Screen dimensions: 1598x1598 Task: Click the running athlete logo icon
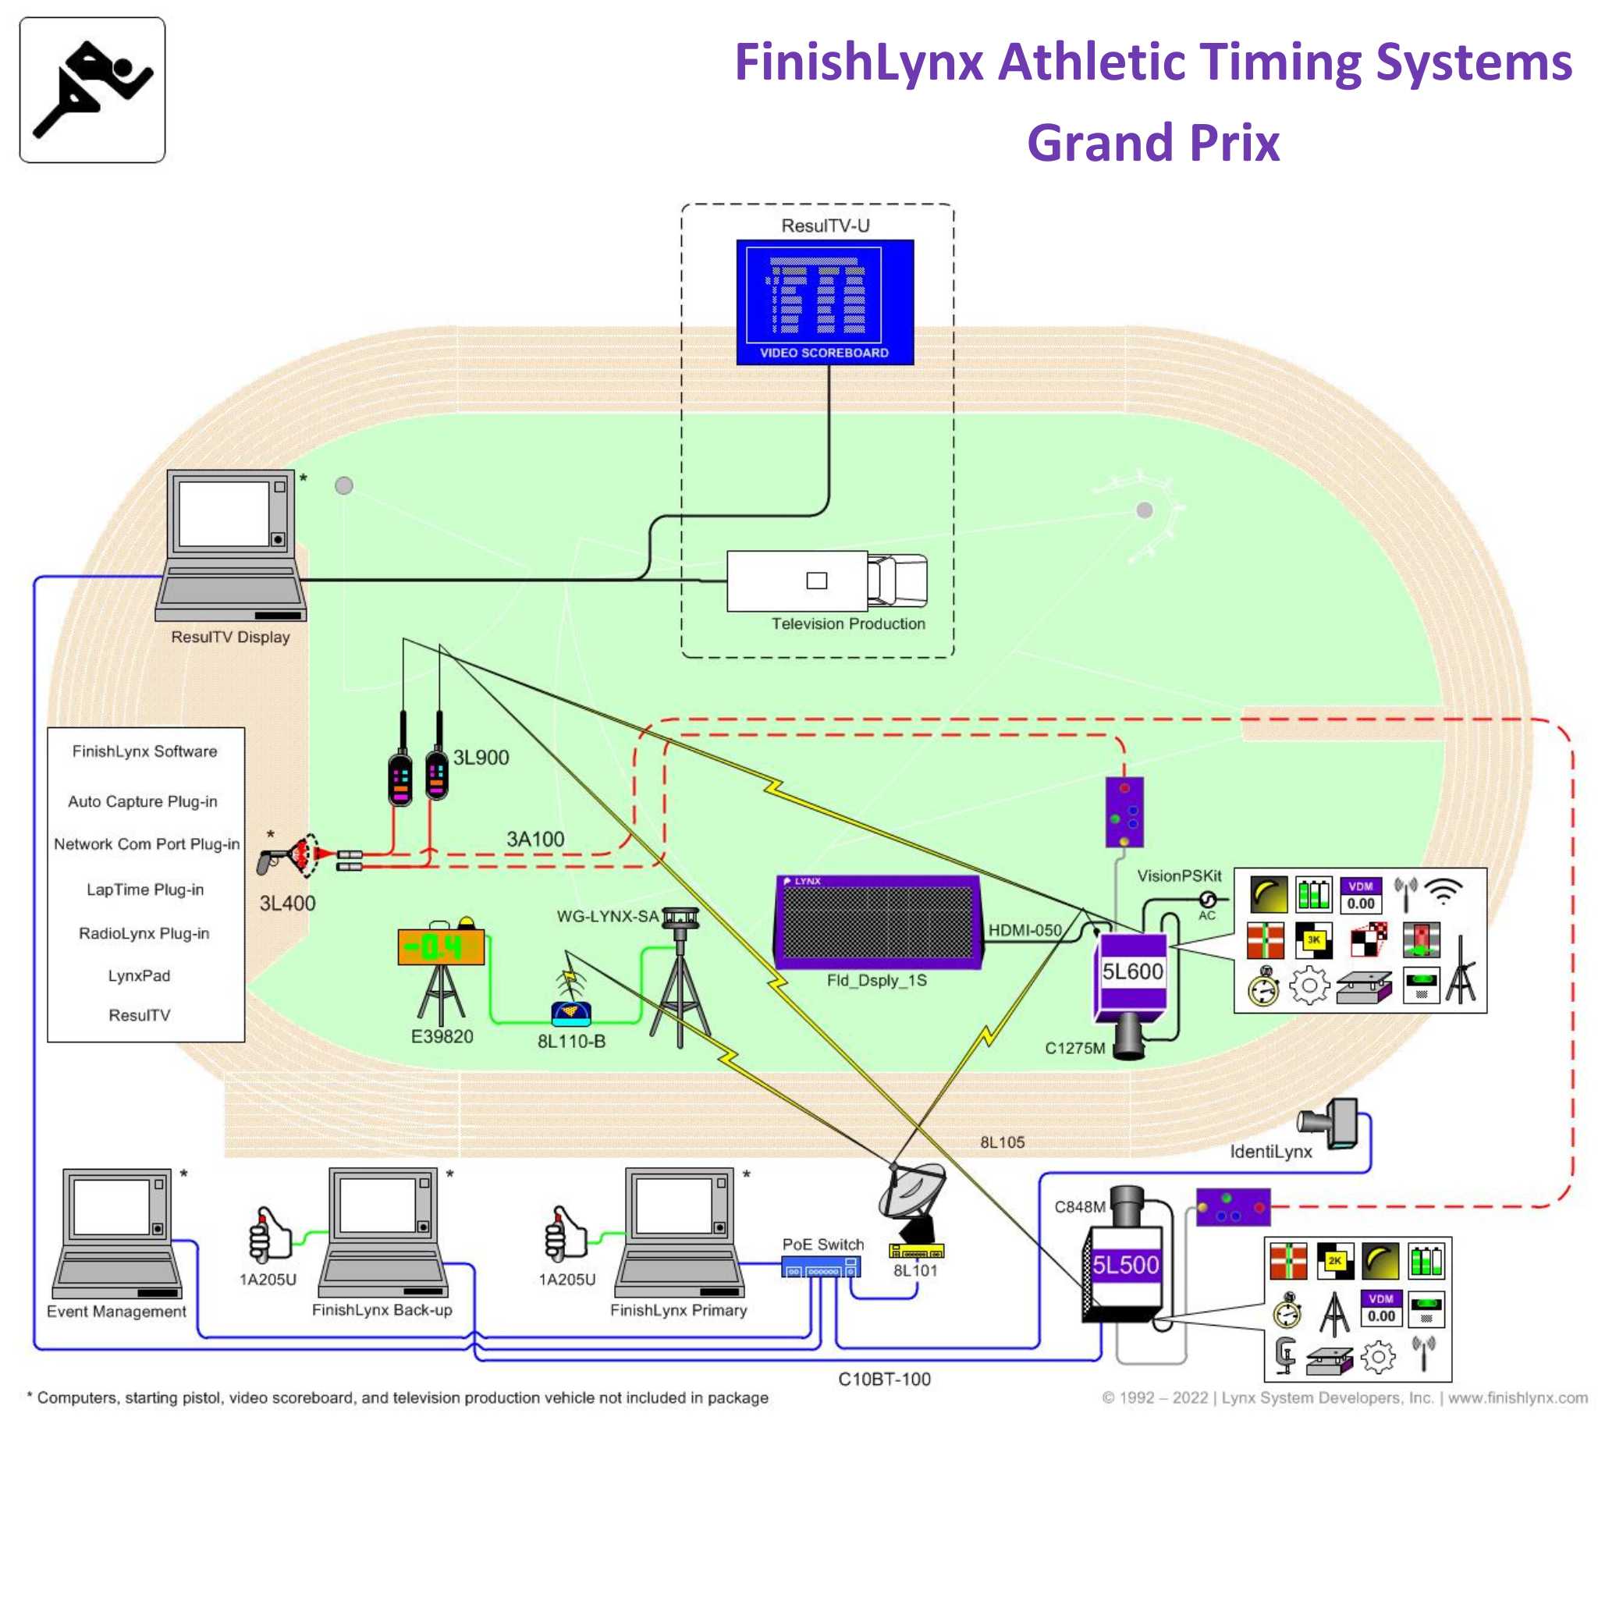(92, 89)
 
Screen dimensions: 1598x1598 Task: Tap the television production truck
(826, 581)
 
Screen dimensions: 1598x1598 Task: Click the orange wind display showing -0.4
(441, 947)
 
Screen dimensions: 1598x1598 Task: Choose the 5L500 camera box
(1125, 1266)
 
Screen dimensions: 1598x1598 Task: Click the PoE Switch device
(821, 1266)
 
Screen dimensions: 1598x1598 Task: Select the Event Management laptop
(116, 1231)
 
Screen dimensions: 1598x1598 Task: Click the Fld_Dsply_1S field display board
(877, 922)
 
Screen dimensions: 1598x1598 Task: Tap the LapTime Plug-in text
(145, 890)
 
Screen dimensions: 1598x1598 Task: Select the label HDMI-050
(1024, 929)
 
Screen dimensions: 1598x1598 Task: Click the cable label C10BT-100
(884, 1379)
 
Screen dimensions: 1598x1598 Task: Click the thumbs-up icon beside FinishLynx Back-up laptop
(270, 1232)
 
